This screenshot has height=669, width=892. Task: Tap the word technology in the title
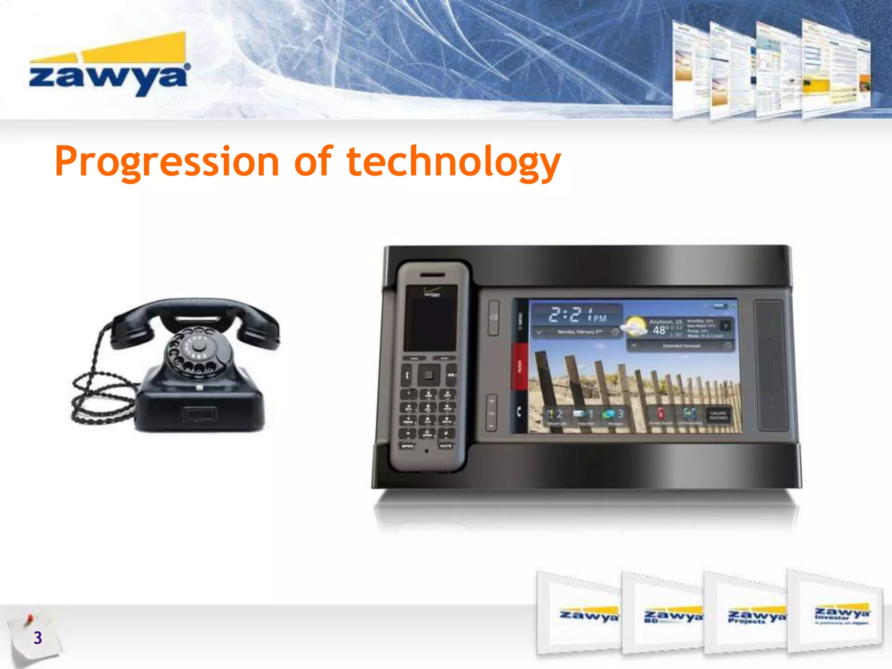pyautogui.click(x=453, y=162)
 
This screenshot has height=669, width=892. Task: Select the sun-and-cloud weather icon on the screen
pyautogui.click(x=634, y=327)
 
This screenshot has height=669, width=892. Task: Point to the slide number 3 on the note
pyautogui.click(x=38, y=638)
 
